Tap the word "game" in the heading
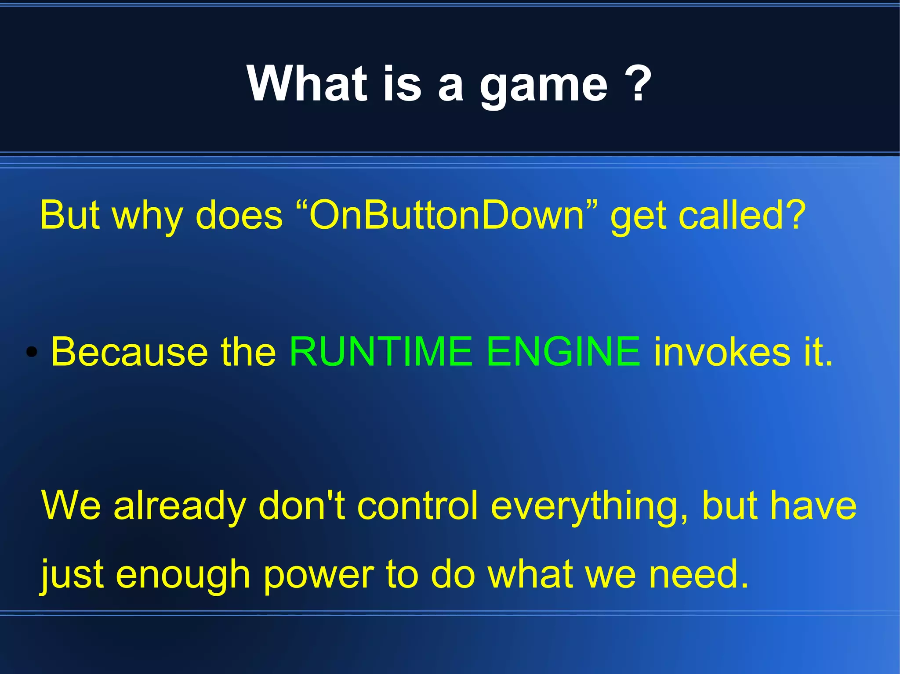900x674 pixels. pyautogui.click(x=544, y=86)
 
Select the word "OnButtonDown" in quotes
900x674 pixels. pyautogui.click(x=447, y=215)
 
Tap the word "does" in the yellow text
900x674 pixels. pyautogui.click(x=239, y=215)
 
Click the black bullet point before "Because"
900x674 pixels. pyautogui.click(x=31, y=352)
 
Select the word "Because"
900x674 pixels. pyautogui.click(x=129, y=351)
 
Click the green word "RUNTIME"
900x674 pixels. pyautogui.click(x=380, y=351)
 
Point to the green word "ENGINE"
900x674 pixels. pyautogui.click(x=563, y=351)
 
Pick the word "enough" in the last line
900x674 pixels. pyautogui.click(x=183, y=576)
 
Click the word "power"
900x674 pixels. pyautogui.click(x=319, y=576)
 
